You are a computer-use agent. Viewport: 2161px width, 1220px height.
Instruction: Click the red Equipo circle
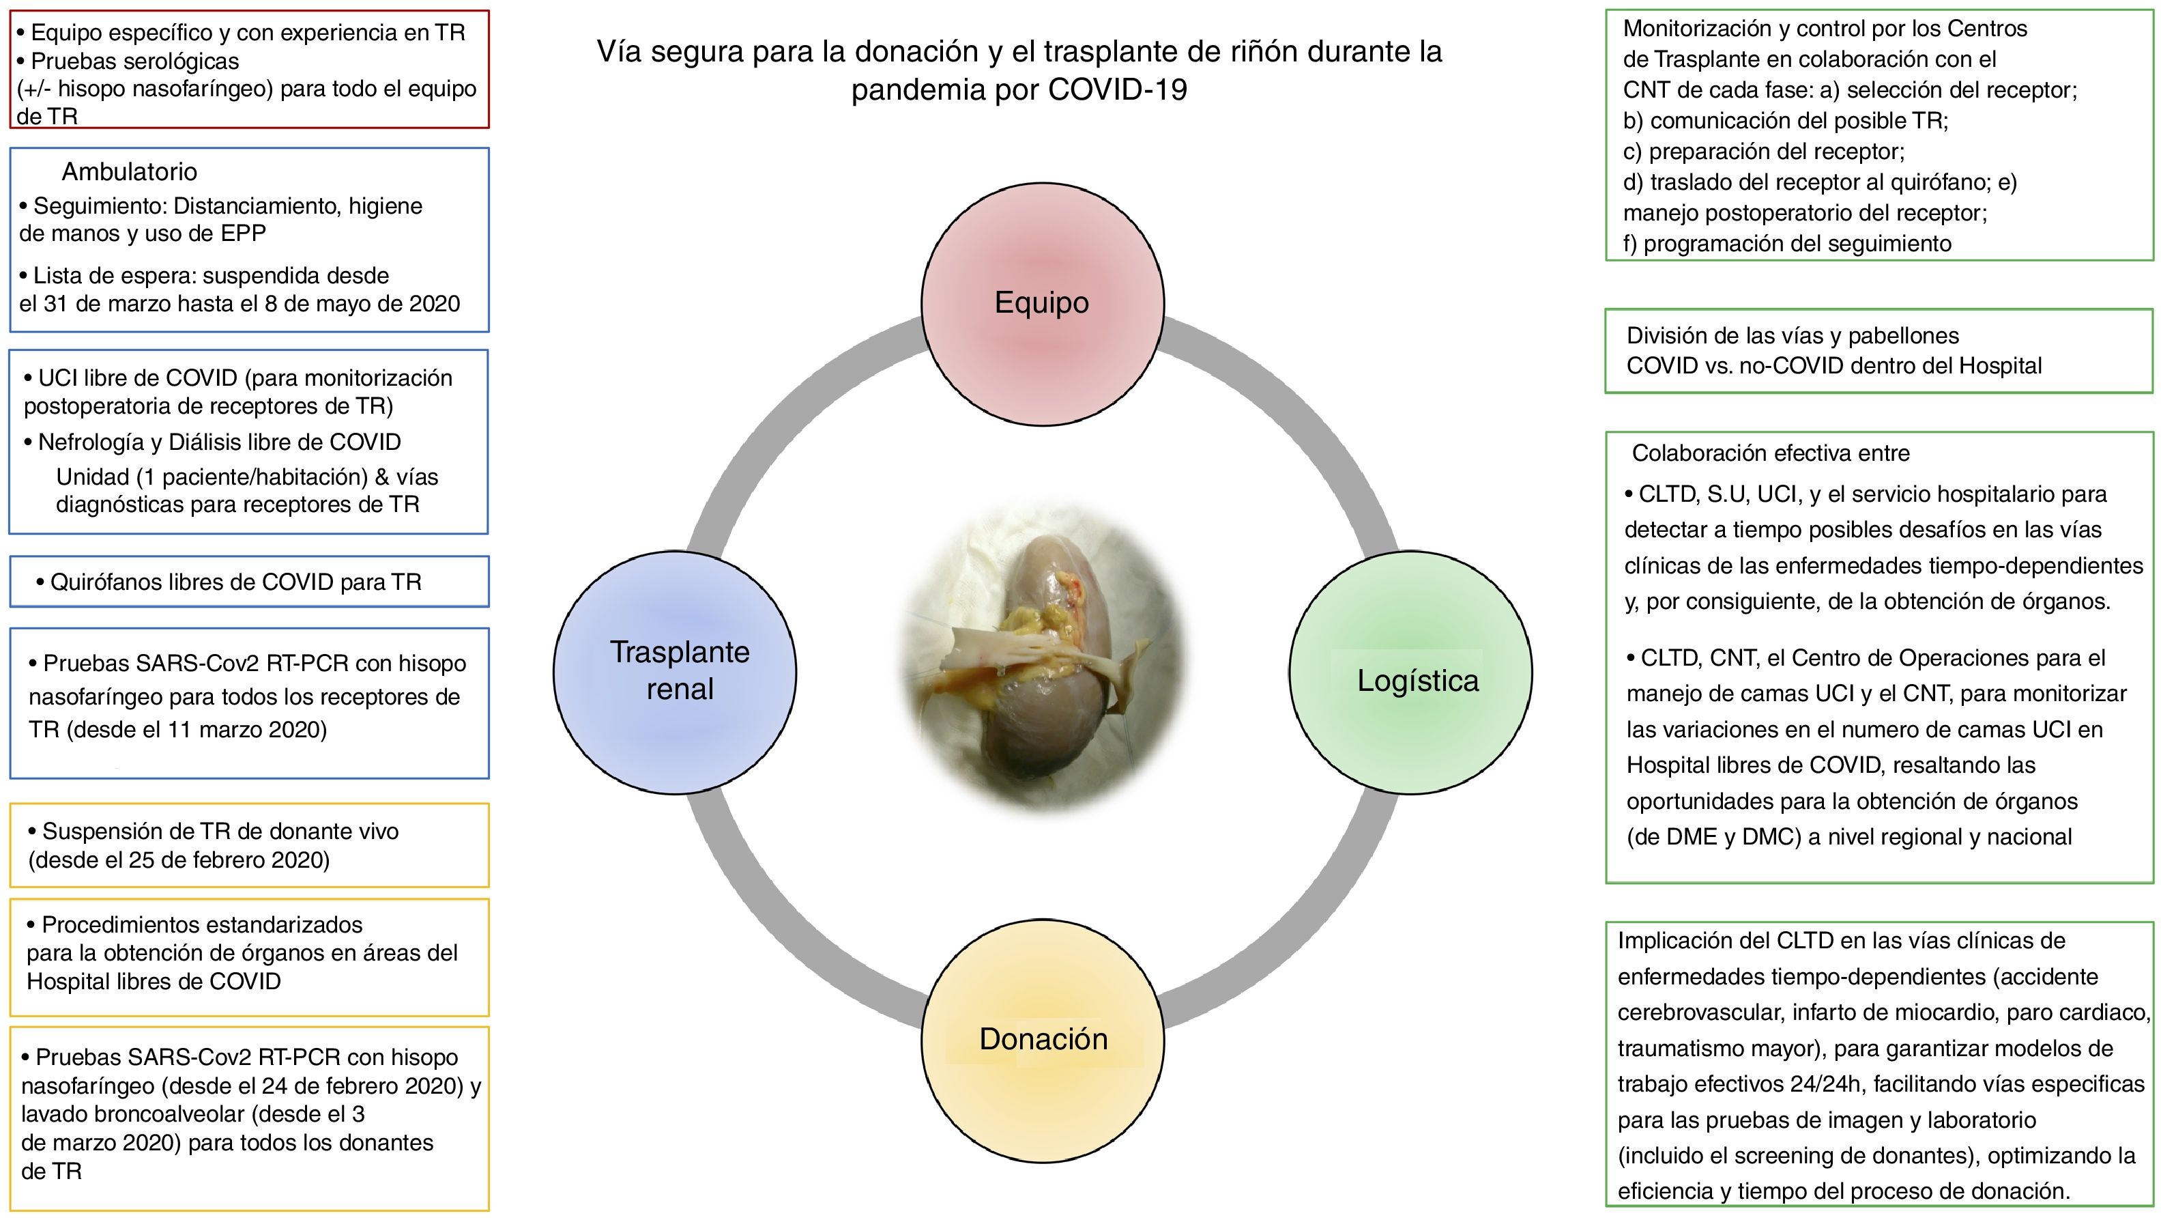click(x=1042, y=304)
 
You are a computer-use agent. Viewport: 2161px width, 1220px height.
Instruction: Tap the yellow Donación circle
click(x=1043, y=1040)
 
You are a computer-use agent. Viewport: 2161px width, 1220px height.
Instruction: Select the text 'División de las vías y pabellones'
click(x=1792, y=336)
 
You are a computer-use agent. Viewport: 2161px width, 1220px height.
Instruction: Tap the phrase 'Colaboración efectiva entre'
click(x=1770, y=453)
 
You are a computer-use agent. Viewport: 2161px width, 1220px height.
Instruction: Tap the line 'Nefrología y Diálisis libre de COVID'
click(x=219, y=442)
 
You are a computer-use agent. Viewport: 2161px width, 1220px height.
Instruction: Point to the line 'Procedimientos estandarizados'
click(x=201, y=924)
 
